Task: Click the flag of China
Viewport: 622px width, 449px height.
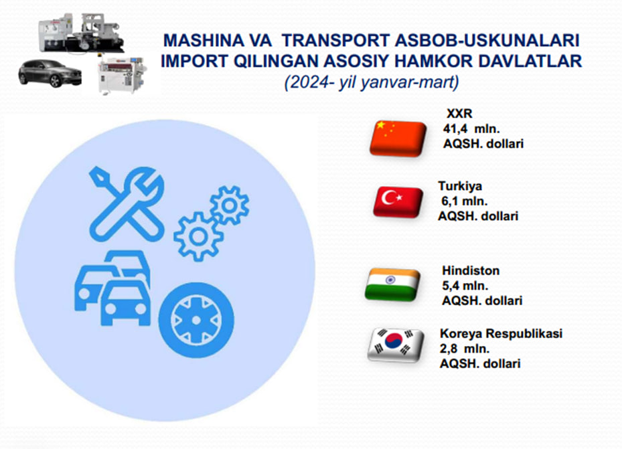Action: pyautogui.click(x=398, y=138)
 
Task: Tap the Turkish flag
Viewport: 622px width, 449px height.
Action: pyautogui.click(x=398, y=201)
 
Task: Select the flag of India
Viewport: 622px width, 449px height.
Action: pyautogui.click(x=392, y=284)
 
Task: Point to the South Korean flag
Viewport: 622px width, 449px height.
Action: pyautogui.click(x=396, y=345)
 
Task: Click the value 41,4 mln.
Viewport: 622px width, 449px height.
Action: pyautogui.click(x=471, y=128)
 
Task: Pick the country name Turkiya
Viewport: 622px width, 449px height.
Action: pyautogui.click(x=460, y=186)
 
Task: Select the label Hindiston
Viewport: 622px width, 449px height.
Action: pyautogui.click(x=471, y=270)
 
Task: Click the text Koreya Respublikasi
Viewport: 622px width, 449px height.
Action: pyautogui.click(x=501, y=333)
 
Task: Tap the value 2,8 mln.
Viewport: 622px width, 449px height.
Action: pyautogui.click(x=465, y=349)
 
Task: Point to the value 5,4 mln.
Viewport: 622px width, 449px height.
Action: pyautogui.click(x=465, y=286)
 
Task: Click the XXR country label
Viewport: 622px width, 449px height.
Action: pyautogui.click(x=459, y=114)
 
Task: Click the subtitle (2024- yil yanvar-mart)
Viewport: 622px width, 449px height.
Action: pyautogui.click(x=372, y=82)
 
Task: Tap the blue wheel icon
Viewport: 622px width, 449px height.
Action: pyautogui.click(x=196, y=320)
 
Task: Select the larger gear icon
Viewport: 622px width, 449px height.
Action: pyautogui.click(x=198, y=236)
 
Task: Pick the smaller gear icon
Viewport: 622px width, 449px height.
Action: pyautogui.click(x=229, y=205)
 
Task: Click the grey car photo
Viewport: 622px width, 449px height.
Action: pyautogui.click(x=50, y=74)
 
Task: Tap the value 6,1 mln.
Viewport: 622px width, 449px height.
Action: pyautogui.click(x=464, y=201)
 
